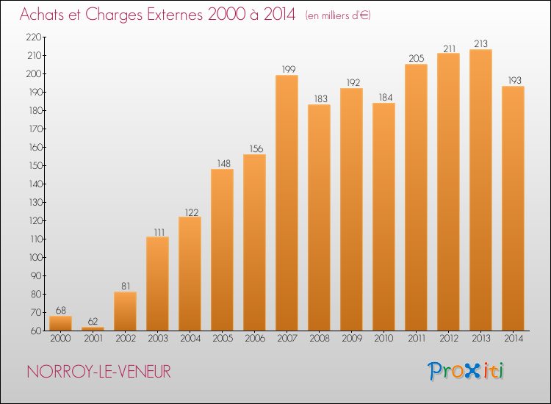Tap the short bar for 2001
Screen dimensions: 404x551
(x=93, y=328)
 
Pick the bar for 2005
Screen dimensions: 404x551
(x=222, y=250)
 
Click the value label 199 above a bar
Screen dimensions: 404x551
(x=287, y=69)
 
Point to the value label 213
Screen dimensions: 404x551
(x=480, y=43)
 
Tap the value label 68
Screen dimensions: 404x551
(x=60, y=310)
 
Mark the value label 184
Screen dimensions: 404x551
(x=383, y=97)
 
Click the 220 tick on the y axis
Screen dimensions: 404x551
(x=34, y=37)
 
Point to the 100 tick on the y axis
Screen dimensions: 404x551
(x=34, y=257)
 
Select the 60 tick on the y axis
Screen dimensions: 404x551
(x=35, y=331)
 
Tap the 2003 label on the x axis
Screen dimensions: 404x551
(x=157, y=339)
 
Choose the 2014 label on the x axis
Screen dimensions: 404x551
(x=513, y=339)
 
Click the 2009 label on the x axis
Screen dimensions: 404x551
(x=351, y=339)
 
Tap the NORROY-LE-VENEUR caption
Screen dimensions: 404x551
(x=99, y=372)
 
